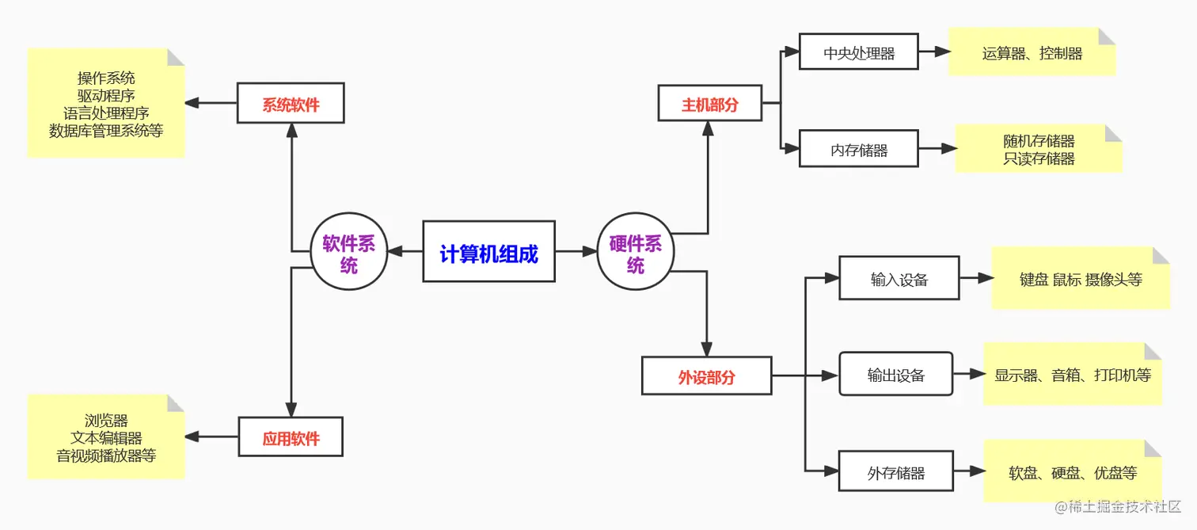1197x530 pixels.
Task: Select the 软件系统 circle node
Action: pyautogui.click(x=348, y=252)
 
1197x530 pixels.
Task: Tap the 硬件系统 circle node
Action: pyautogui.click(x=635, y=252)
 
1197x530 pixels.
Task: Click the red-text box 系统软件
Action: pyautogui.click(x=291, y=103)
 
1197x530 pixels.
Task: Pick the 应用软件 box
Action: pyautogui.click(x=291, y=437)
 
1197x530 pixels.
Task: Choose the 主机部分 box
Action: pyautogui.click(x=709, y=103)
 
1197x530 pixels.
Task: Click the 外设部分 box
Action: pyautogui.click(x=706, y=376)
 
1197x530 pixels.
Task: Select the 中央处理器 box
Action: pyautogui.click(x=858, y=52)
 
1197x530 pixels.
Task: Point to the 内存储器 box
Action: pyautogui.click(x=858, y=148)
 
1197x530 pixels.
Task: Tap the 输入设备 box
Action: pyautogui.click(x=899, y=278)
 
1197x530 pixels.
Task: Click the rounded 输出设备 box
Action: pyautogui.click(x=895, y=374)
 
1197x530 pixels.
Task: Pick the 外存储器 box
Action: pyautogui.click(x=895, y=472)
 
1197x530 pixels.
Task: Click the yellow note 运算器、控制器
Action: pyautogui.click(x=1032, y=52)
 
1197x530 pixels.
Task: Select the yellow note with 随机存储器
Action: pyautogui.click(x=1038, y=148)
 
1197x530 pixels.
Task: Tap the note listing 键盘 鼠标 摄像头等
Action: pyautogui.click(x=1080, y=278)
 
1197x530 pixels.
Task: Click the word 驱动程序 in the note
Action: pyautogui.click(x=106, y=95)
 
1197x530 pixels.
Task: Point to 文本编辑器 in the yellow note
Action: pyautogui.click(x=106, y=438)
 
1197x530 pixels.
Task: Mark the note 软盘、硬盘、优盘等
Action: pyautogui.click(x=1072, y=472)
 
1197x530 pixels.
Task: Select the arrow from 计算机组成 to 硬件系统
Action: pyautogui.click(x=576, y=252)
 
